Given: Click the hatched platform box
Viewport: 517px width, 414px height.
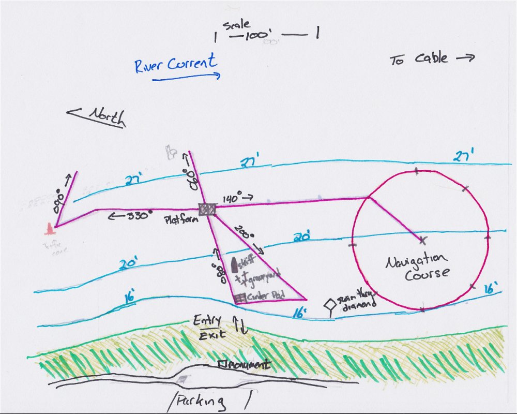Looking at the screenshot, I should pyautogui.click(x=207, y=209).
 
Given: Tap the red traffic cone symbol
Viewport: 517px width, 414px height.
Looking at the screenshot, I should pyautogui.click(x=50, y=228).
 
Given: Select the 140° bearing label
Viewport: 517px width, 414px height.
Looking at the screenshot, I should pyautogui.click(x=232, y=198).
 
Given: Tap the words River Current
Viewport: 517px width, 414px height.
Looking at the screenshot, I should pyautogui.click(x=175, y=64).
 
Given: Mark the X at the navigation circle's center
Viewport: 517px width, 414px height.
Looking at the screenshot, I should pyautogui.click(x=423, y=240).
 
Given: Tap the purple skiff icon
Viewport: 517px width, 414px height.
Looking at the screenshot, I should pyautogui.click(x=234, y=265).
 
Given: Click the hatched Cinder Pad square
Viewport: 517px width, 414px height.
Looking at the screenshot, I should pyautogui.click(x=239, y=298).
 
